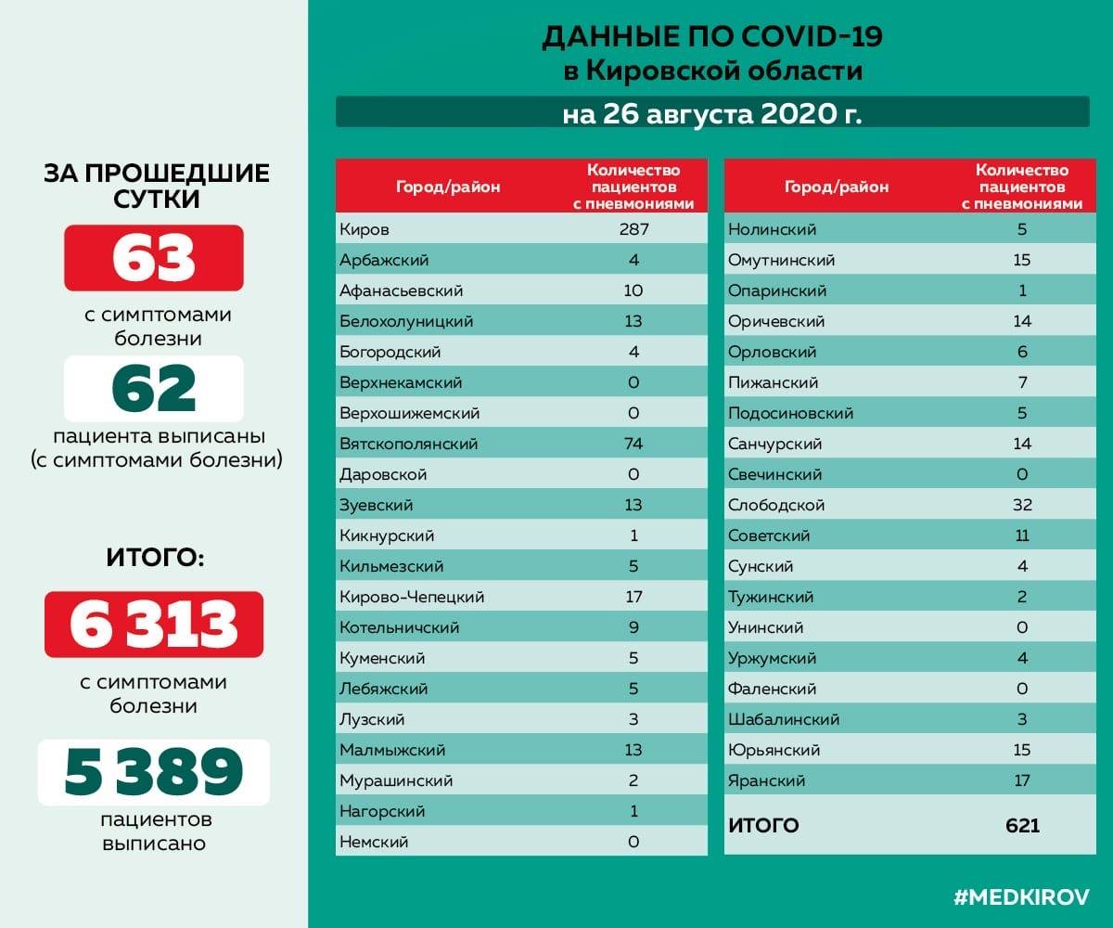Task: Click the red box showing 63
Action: point(154,258)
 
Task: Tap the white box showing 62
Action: point(154,388)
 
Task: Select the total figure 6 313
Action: point(154,625)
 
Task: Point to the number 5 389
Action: point(154,771)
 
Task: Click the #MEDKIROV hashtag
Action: point(1021,896)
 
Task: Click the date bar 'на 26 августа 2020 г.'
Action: point(711,114)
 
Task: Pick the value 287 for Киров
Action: point(633,229)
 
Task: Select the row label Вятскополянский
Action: point(409,444)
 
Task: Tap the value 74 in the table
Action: point(633,444)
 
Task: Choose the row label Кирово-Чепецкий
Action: point(412,597)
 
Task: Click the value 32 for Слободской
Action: point(1022,505)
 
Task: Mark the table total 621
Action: point(1022,825)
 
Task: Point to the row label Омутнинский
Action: point(782,260)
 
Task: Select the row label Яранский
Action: point(767,780)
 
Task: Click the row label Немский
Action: point(374,842)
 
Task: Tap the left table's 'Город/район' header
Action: point(448,187)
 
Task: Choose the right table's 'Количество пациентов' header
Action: point(1022,187)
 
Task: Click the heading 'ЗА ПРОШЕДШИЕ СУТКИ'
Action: point(156,186)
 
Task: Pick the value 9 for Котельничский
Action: point(633,627)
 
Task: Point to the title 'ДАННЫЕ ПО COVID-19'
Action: point(711,37)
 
